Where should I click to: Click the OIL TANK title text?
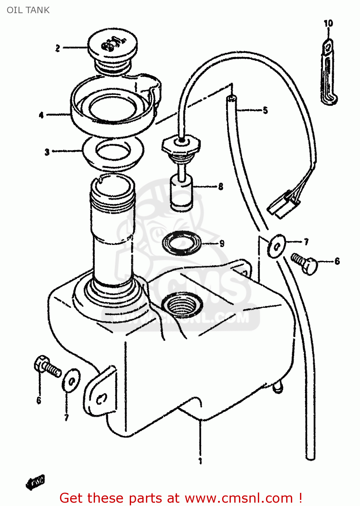(28, 10)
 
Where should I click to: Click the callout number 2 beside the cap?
(58, 48)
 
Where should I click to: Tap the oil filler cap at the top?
(112, 46)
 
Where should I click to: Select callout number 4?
(41, 115)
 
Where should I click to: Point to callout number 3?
(47, 152)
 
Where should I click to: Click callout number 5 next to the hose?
(265, 110)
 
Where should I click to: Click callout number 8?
(220, 186)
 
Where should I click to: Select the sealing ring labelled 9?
(182, 243)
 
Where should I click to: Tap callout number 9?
(221, 243)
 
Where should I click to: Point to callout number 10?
(328, 23)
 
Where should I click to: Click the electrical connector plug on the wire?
(283, 205)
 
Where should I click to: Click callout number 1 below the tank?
(200, 461)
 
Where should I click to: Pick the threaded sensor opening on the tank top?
(182, 305)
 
